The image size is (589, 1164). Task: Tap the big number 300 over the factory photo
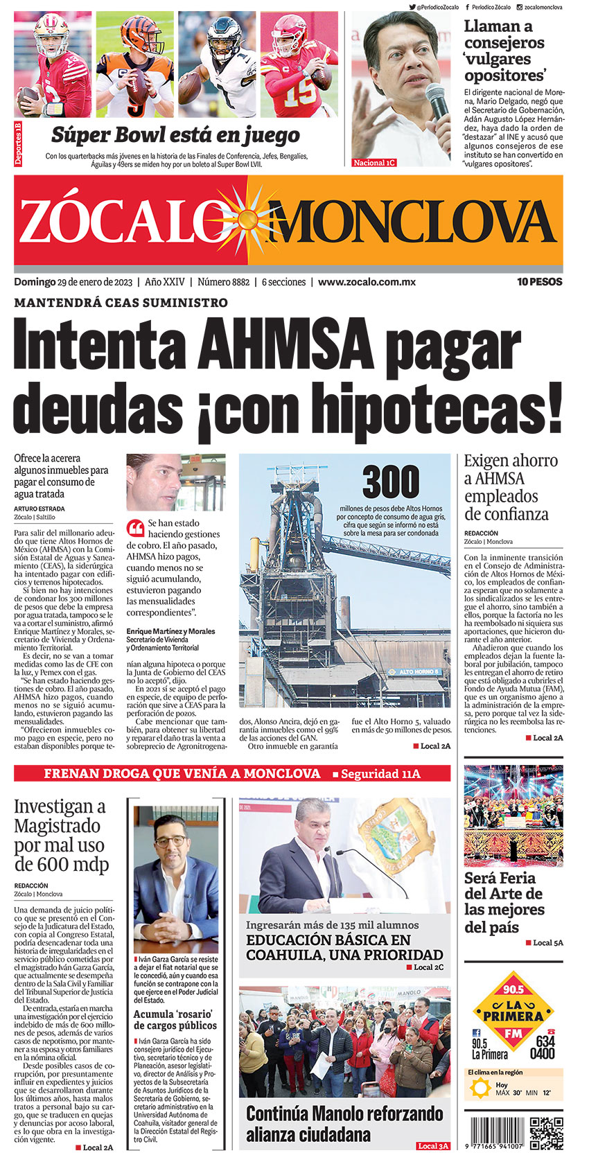click(x=391, y=482)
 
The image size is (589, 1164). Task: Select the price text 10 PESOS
click(x=539, y=282)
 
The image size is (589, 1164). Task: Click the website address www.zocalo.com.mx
click(x=367, y=282)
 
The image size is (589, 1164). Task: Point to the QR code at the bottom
click(x=546, y=1134)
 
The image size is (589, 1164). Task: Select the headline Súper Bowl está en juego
click(x=175, y=134)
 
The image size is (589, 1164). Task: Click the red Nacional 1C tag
click(x=374, y=163)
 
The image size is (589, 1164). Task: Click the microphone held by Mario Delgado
click(x=437, y=104)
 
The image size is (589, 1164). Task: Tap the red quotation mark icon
click(x=135, y=528)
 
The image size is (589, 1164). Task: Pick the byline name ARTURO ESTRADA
click(x=39, y=509)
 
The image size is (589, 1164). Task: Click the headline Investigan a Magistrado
click(x=61, y=835)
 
